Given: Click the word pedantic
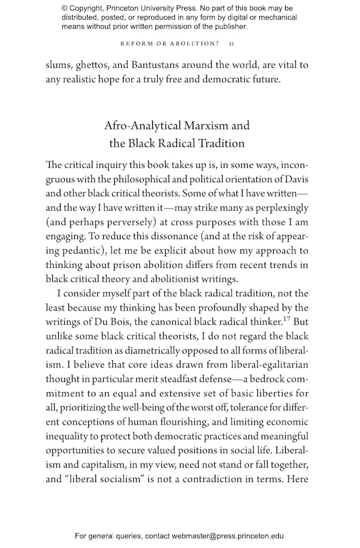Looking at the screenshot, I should tap(79, 250).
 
